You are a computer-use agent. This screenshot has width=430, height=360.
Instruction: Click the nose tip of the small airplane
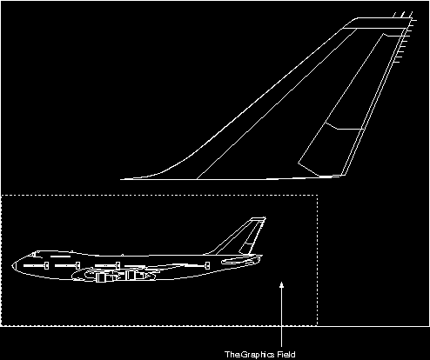pyautogui.click(x=12, y=265)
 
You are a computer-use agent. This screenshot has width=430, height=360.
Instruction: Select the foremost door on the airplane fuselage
pyautogui.click(x=46, y=265)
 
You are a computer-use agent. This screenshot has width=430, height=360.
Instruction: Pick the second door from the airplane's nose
pyautogui.click(x=77, y=265)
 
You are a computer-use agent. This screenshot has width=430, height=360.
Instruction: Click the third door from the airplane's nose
pyautogui.click(x=118, y=265)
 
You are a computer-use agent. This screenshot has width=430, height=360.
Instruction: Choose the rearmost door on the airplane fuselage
pyautogui.click(x=207, y=265)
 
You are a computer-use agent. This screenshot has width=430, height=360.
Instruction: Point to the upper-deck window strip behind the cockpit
pyautogui.click(x=60, y=257)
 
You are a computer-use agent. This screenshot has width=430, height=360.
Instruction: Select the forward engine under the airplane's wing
pyautogui.click(x=101, y=277)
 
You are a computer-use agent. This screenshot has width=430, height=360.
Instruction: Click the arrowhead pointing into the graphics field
pyautogui.click(x=281, y=284)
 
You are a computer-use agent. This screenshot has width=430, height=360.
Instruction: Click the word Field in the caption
pyautogui.click(x=286, y=355)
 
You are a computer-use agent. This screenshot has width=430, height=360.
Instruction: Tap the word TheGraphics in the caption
pyautogui.click(x=250, y=355)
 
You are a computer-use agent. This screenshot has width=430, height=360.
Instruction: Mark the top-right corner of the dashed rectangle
pyautogui.click(x=318, y=196)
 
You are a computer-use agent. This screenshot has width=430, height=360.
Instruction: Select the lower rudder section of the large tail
pyautogui.click(x=330, y=150)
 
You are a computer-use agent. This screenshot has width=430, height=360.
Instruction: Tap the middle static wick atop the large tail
pyautogui.click(x=403, y=15)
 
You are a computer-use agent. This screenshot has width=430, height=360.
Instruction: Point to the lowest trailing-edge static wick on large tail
pyautogui.click(x=398, y=62)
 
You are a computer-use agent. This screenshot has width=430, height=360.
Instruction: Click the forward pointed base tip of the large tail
pyautogui.click(x=121, y=179)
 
